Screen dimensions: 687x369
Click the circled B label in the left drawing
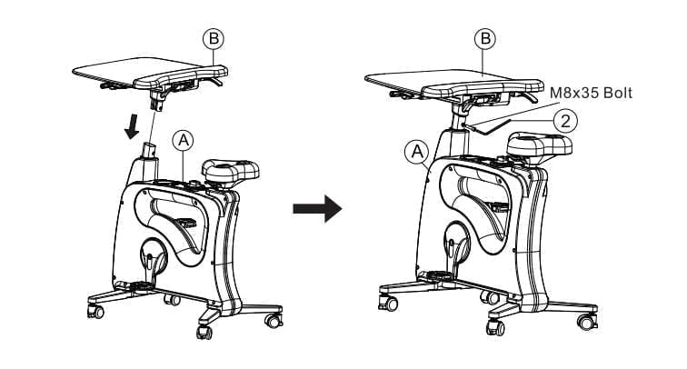coord(214,38)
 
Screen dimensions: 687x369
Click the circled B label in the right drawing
coord(485,38)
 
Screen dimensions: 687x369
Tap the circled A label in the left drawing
coord(184,140)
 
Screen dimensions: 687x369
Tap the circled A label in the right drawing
coord(417,152)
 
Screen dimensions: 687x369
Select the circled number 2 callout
coord(565,121)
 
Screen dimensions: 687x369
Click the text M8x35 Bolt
coord(591,93)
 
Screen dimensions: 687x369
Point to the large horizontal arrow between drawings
coord(317,209)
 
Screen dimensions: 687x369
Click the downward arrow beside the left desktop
coord(133,126)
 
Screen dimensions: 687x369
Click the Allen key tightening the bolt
coord(489,126)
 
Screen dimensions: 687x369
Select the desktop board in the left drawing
coord(150,73)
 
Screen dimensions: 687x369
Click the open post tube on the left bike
coord(149,150)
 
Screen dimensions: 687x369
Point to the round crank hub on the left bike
coord(154,256)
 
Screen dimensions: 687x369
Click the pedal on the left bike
coord(185,223)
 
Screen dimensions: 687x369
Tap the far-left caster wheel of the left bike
coord(95,311)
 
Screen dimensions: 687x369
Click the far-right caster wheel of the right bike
coord(587,323)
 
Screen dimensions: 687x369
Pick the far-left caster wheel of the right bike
coord(388,303)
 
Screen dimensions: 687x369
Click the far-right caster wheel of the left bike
coord(274,320)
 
